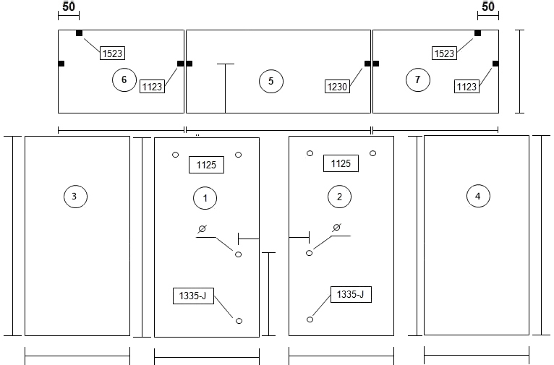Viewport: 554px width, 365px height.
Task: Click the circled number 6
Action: (124, 80)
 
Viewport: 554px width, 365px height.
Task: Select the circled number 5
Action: (271, 81)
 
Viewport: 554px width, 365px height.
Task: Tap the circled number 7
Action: (418, 80)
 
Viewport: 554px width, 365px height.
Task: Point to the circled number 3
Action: (76, 197)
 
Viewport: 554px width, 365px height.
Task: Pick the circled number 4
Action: (478, 196)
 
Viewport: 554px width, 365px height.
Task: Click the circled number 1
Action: (205, 198)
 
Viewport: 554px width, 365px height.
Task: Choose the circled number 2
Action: (339, 197)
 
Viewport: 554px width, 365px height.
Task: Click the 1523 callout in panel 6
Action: (112, 53)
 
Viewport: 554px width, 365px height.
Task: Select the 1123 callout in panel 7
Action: (466, 87)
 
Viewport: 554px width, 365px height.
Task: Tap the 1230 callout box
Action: (338, 87)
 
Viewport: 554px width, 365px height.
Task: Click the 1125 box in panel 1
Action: (206, 165)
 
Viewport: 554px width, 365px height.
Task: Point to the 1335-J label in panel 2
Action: (351, 294)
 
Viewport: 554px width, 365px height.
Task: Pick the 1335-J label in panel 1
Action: (193, 296)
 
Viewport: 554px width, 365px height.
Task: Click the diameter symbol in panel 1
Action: (202, 229)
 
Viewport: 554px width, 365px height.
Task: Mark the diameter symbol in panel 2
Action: (337, 228)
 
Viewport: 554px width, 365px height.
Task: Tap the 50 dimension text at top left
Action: (69, 7)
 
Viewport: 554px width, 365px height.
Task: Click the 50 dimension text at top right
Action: (488, 7)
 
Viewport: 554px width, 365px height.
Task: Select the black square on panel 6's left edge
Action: (61, 64)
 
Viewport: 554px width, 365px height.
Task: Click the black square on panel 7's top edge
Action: (477, 33)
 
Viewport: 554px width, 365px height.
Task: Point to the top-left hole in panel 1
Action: (175, 155)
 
